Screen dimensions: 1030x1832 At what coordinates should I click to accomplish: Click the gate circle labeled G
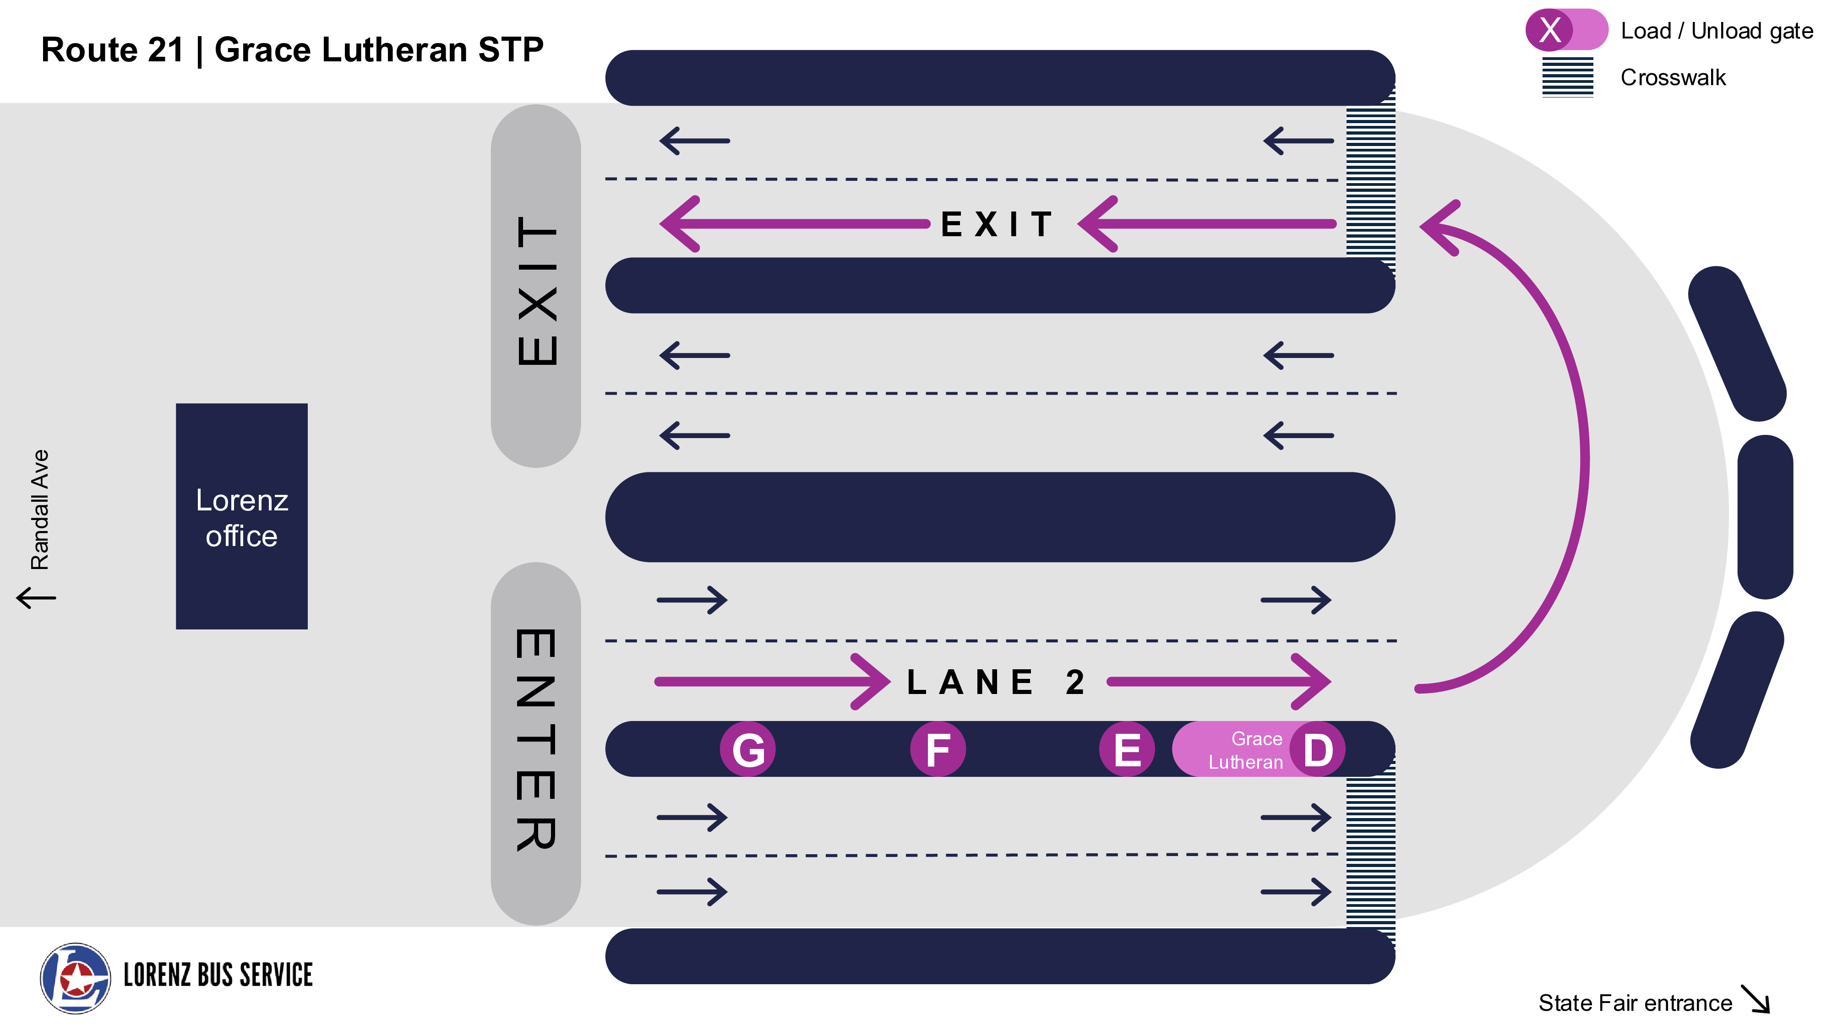tap(747, 750)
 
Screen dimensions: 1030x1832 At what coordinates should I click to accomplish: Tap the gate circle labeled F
tap(938, 750)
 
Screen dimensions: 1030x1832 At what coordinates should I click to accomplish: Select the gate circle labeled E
tap(1127, 750)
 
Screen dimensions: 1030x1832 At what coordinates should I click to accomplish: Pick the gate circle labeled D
tap(1318, 750)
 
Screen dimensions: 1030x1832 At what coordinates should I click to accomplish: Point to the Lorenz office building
tap(242, 517)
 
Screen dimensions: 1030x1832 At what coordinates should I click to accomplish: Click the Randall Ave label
tap(40, 509)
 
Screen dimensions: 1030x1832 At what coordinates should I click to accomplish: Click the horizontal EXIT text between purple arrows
tap(996, 225)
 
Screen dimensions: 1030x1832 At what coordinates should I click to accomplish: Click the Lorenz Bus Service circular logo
tap(76, 978)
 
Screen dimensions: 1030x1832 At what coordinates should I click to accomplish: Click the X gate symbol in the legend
tap(1550, 30)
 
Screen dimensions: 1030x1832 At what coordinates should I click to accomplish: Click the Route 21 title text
tap(292, 50)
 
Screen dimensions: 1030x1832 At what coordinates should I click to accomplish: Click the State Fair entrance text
tap(1634, 1003)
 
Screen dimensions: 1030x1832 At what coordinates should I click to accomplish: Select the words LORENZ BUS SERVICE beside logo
tap(218, 975)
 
